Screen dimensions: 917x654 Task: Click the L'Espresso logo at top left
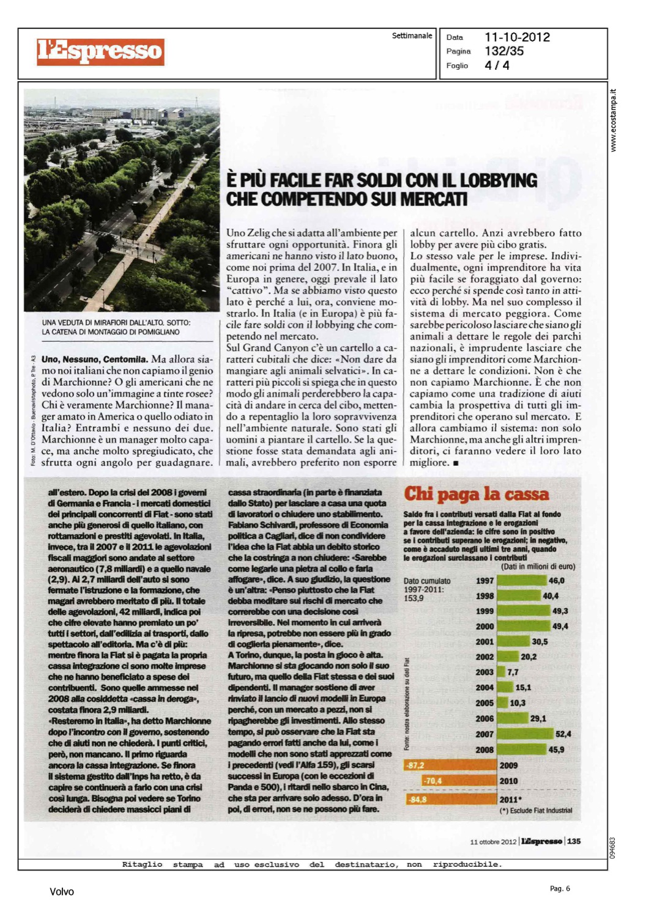coord(100,51)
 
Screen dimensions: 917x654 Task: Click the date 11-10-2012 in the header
coord(517,37)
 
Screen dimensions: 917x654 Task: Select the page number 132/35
coord(504,51)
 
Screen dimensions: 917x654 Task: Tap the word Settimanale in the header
coord(412,36)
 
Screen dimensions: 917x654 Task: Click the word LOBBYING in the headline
coord(498,180)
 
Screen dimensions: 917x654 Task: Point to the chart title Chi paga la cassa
coord(476,494)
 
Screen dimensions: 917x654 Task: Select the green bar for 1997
coord(522,581)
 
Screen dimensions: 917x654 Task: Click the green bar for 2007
coord(525,734)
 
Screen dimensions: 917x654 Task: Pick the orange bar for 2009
coord(450,765)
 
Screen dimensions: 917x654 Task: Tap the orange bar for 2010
coord(459,781)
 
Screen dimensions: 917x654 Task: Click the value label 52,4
coord(563,734)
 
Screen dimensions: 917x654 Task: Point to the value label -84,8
coord(418,800)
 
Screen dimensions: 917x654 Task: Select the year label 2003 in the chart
coord(485,672)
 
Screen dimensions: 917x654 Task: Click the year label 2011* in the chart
coord(511,800)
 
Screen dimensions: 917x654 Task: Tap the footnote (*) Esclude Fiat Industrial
coord(536,811)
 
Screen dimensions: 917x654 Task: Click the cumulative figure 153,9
coord(414,598)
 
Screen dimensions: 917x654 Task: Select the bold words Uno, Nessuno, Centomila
coord(94,359)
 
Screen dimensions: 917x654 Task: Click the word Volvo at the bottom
coord(62,892)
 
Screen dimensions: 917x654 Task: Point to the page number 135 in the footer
coord(574,841)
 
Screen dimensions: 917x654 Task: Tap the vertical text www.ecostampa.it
coord(614,120)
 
